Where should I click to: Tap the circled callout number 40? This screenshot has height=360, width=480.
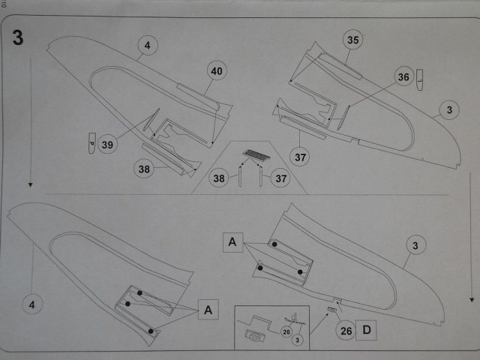coord(216,72)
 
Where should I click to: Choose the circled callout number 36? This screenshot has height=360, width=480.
coord(404,77)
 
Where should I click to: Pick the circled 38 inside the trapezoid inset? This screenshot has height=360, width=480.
coord(219,178)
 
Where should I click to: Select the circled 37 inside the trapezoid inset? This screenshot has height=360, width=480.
coord(281,178)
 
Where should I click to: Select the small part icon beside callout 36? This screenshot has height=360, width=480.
coord(421,76)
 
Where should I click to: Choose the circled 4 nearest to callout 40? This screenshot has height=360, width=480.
coord(148,45)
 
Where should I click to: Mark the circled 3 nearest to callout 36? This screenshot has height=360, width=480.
coord(448,111)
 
